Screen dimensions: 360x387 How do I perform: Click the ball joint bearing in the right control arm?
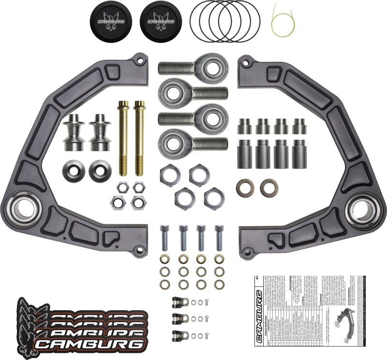click(363, 209)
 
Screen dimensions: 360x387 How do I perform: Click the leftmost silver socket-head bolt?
click(166, 237)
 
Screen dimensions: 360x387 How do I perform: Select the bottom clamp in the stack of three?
click(179, 334)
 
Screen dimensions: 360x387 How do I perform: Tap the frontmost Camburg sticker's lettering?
click(91, 344)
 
